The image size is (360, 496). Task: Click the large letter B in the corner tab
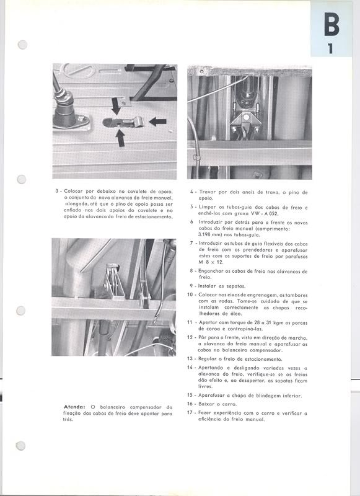coord(331,26)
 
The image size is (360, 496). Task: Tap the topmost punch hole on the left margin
coord(24,45)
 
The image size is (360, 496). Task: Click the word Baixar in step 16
coord(208,403)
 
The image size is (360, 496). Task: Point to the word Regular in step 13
coord(209,359)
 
